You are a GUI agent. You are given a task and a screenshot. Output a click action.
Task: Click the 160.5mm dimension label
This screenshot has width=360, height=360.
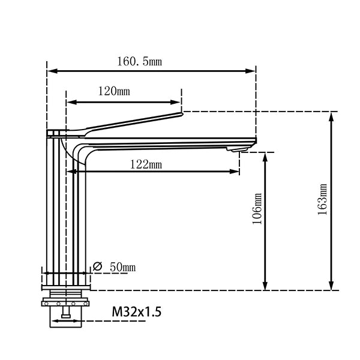coord(139,61)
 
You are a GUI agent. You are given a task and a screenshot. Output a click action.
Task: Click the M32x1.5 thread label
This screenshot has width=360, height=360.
coord(136,312)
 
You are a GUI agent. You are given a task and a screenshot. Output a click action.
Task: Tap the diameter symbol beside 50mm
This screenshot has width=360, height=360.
coord(97,266)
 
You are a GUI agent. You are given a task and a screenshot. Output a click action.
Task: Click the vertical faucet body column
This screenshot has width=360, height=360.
coord(66,210)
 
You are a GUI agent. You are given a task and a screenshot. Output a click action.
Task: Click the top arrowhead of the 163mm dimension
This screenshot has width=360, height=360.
coord(331,115)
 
